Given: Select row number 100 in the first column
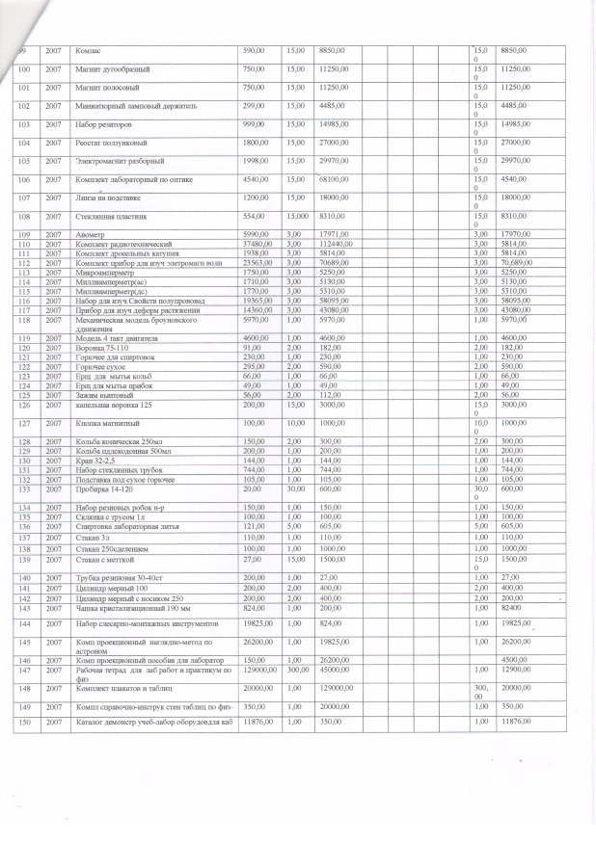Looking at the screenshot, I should (x=24, y=69).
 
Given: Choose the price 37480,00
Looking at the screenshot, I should (x=256, y=245).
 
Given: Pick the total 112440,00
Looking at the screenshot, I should (x=334, y=245).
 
